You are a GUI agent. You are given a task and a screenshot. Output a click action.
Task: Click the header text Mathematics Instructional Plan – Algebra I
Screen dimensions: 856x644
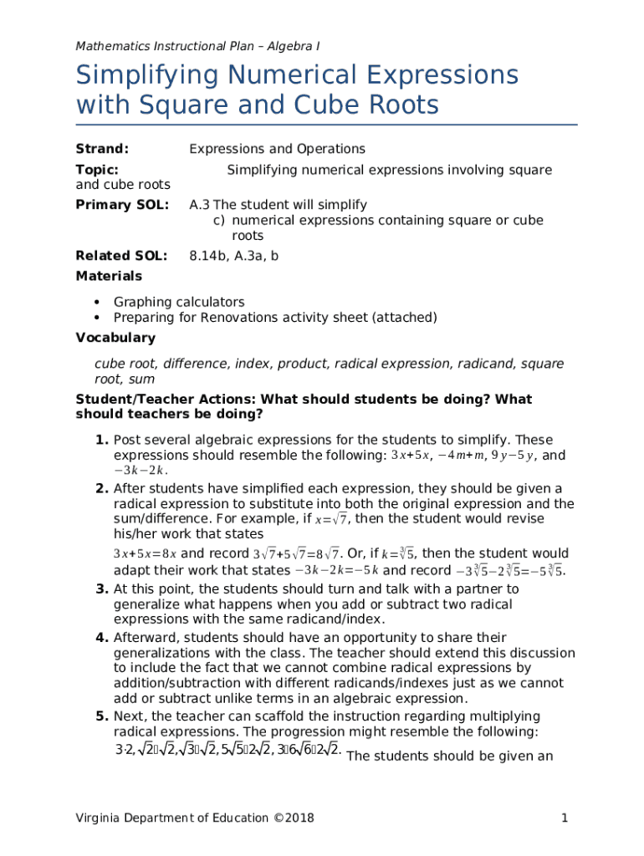click(197, 46)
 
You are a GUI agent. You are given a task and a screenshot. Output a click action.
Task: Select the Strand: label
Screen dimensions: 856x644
click(102, 149)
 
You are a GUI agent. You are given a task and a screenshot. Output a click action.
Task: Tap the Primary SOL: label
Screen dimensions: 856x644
click(122, 205)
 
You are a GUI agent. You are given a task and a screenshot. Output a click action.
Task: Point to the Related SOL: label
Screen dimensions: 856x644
click(121, 256)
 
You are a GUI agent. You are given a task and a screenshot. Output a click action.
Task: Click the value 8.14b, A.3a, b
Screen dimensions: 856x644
click(233, 256)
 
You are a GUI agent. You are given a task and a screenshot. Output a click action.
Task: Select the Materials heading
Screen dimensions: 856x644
click(109, 276)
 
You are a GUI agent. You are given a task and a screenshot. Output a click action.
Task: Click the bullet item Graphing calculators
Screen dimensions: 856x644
click(179, 302)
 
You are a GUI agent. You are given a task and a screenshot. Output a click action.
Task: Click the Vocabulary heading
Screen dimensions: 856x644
click(115, 338)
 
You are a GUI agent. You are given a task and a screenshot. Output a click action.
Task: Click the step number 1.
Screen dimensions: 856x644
click(101, 440)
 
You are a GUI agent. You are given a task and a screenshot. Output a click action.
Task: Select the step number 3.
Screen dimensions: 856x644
click(101, 588)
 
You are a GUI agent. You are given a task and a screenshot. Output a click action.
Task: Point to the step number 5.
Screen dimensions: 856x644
click(101, 716)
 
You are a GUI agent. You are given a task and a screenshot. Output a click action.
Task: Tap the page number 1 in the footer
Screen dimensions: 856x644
click(565, 818)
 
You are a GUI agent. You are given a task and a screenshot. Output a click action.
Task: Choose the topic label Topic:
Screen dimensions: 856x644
click(96, 170)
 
